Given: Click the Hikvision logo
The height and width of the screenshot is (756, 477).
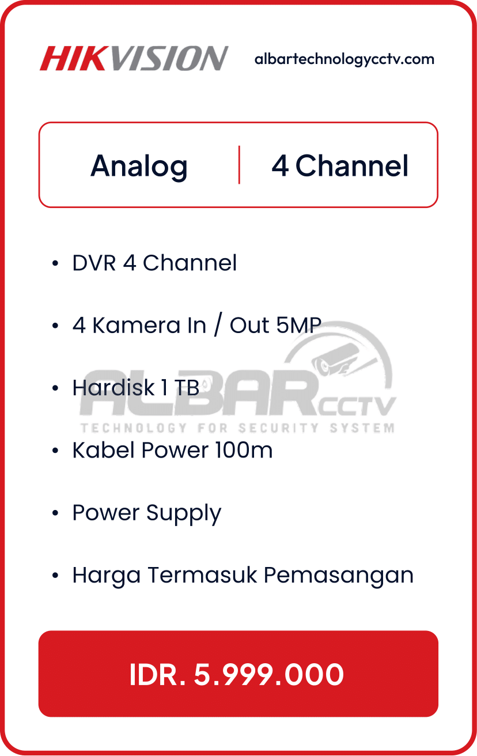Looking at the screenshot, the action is pos(134,58).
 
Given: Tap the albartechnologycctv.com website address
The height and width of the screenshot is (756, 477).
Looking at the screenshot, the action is pos(344,59).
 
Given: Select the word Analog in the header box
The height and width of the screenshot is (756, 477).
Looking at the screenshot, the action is pos(139,167).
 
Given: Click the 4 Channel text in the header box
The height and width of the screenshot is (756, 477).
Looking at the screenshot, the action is pos(340,165).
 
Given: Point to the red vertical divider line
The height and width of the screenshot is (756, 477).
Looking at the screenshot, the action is pos(239,165).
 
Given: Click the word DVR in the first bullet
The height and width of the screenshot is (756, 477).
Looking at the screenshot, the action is pos(94,263).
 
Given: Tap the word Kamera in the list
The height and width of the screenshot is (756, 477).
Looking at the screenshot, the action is pos(136,326).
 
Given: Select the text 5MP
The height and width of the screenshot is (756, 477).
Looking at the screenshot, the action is pos(299,326).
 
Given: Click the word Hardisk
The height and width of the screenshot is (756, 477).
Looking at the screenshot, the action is pos(113,387).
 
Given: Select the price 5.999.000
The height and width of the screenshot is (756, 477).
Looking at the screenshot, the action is pos(269,675).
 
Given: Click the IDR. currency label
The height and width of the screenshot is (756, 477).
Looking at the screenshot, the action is pos(157,675).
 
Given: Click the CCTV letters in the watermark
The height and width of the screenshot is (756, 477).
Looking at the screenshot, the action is pos(357,406).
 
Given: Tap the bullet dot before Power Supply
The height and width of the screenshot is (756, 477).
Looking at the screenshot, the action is pos(55,513).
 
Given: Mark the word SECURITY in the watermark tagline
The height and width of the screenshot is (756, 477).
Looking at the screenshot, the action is pos(278,428).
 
